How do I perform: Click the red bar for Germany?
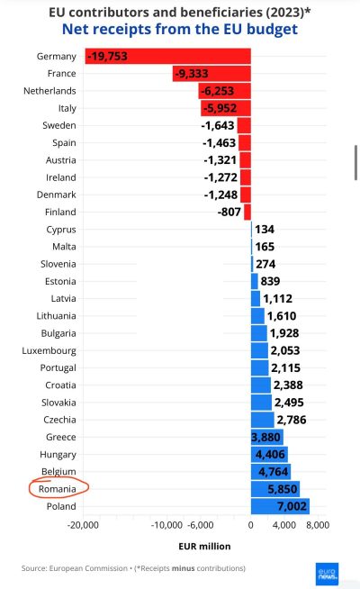point(167,56)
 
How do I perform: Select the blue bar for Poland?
point(280,506)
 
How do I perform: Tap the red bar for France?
point(211,73)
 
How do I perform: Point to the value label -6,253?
point(218,91)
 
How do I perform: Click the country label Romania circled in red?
point(57,489)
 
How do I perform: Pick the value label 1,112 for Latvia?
point(277,299)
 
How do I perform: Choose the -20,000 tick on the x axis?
point(83,525)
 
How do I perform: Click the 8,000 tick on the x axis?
point(318,525)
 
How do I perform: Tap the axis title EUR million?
point(204,546)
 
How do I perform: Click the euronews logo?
point(327,574)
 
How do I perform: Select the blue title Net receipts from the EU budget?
point(180,30)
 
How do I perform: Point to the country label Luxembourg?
point(49,351)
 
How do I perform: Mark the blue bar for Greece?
point(267,437)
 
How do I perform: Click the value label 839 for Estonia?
point(270,281)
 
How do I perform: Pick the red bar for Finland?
point(247,212)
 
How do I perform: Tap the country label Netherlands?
point(49,91)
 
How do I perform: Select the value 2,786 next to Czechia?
point(292,420)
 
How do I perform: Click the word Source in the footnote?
point(33,568)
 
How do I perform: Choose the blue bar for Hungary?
point(269,454)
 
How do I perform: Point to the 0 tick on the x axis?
point(251,525)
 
